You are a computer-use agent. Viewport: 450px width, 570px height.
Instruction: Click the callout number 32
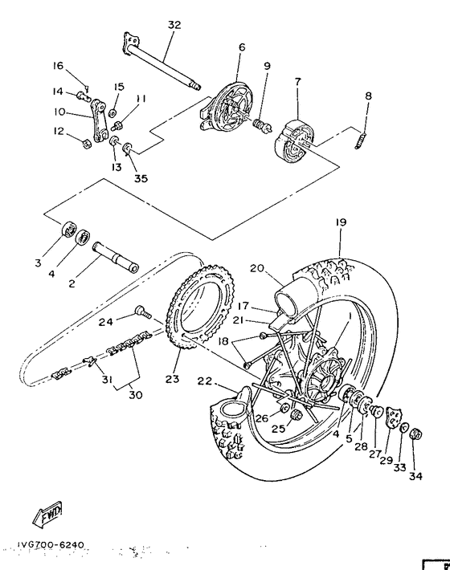tap(174, 25)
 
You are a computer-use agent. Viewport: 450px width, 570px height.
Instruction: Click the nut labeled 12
tap(85, 144)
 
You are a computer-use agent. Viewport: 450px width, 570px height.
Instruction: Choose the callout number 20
tap(256, 269)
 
